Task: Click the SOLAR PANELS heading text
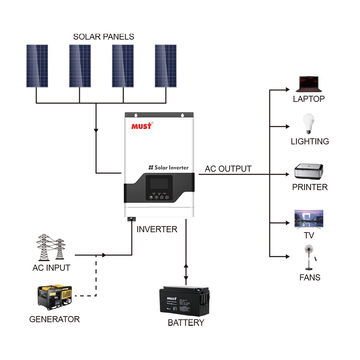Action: coord(104,37)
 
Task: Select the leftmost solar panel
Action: coord(37,66)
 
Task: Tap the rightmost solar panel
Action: coord(166,66)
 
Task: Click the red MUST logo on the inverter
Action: coord(142,126)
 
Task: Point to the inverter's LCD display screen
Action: coord(159,184)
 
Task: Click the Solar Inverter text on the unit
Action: coord(168,167)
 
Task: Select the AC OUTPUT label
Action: coord(228,169)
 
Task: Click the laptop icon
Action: coord(309,85)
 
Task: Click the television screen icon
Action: coord(309,219)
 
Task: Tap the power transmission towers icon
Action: coord(51,248)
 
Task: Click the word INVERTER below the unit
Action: coord(157,229)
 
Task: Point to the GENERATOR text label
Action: coord(54,319)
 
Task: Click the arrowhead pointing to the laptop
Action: coord(287,89)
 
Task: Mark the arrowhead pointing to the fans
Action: coord(287,256)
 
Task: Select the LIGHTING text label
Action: coord(310,141)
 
